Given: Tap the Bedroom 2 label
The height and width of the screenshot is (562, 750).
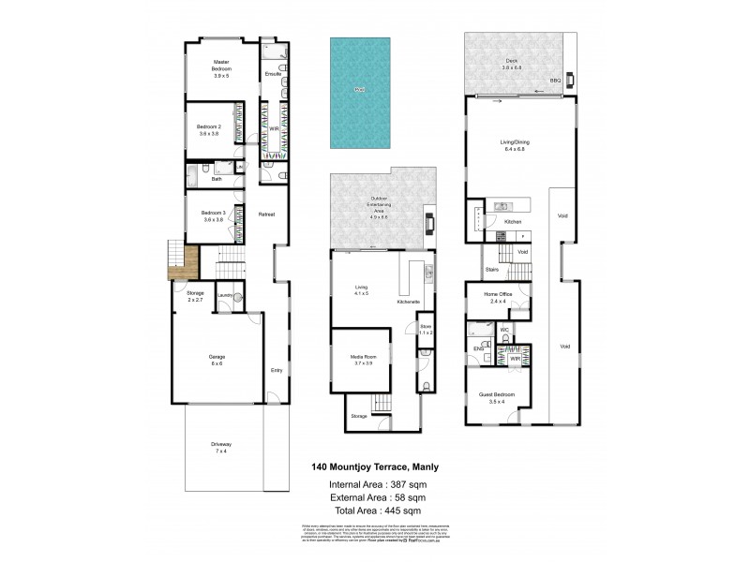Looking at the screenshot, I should (x=208, y=130).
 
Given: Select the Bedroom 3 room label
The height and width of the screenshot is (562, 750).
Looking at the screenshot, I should (x=212, y=215).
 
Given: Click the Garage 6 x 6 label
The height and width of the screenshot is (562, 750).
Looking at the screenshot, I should (x=216, y=359).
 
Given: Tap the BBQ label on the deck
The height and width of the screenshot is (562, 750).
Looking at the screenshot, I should (x=555, y=81).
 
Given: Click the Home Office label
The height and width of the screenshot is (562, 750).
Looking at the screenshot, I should (x=497, y=298).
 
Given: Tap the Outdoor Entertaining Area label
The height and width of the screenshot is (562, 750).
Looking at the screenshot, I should (x=379, y=205).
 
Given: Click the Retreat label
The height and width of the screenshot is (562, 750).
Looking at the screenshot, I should (x=266, y=215).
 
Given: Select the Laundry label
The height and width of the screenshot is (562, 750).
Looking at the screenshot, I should (x=224, y=296).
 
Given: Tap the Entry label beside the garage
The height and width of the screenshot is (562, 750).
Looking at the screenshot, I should (x=276, y=369).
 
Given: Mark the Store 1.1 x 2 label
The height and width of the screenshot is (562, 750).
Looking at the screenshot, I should (x=426, y=330).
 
